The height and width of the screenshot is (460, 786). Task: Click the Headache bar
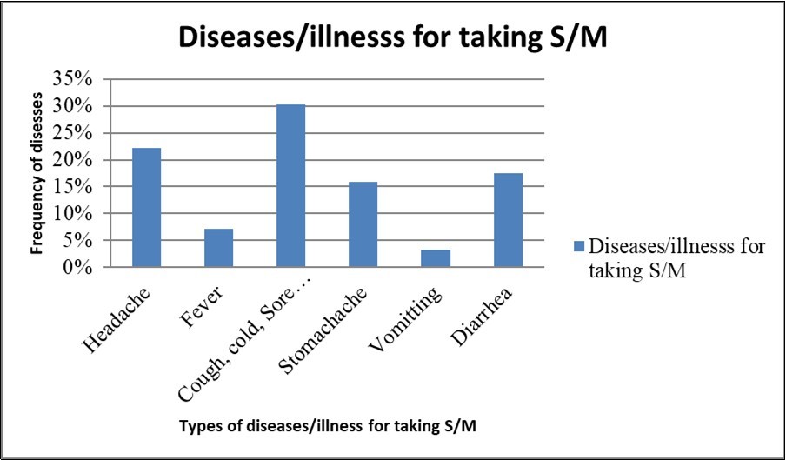146,208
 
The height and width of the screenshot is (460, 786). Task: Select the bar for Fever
218,248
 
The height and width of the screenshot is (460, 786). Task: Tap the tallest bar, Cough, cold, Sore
290,186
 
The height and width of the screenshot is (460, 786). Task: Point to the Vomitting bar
435,258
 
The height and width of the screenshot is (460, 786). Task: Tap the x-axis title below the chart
318,426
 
